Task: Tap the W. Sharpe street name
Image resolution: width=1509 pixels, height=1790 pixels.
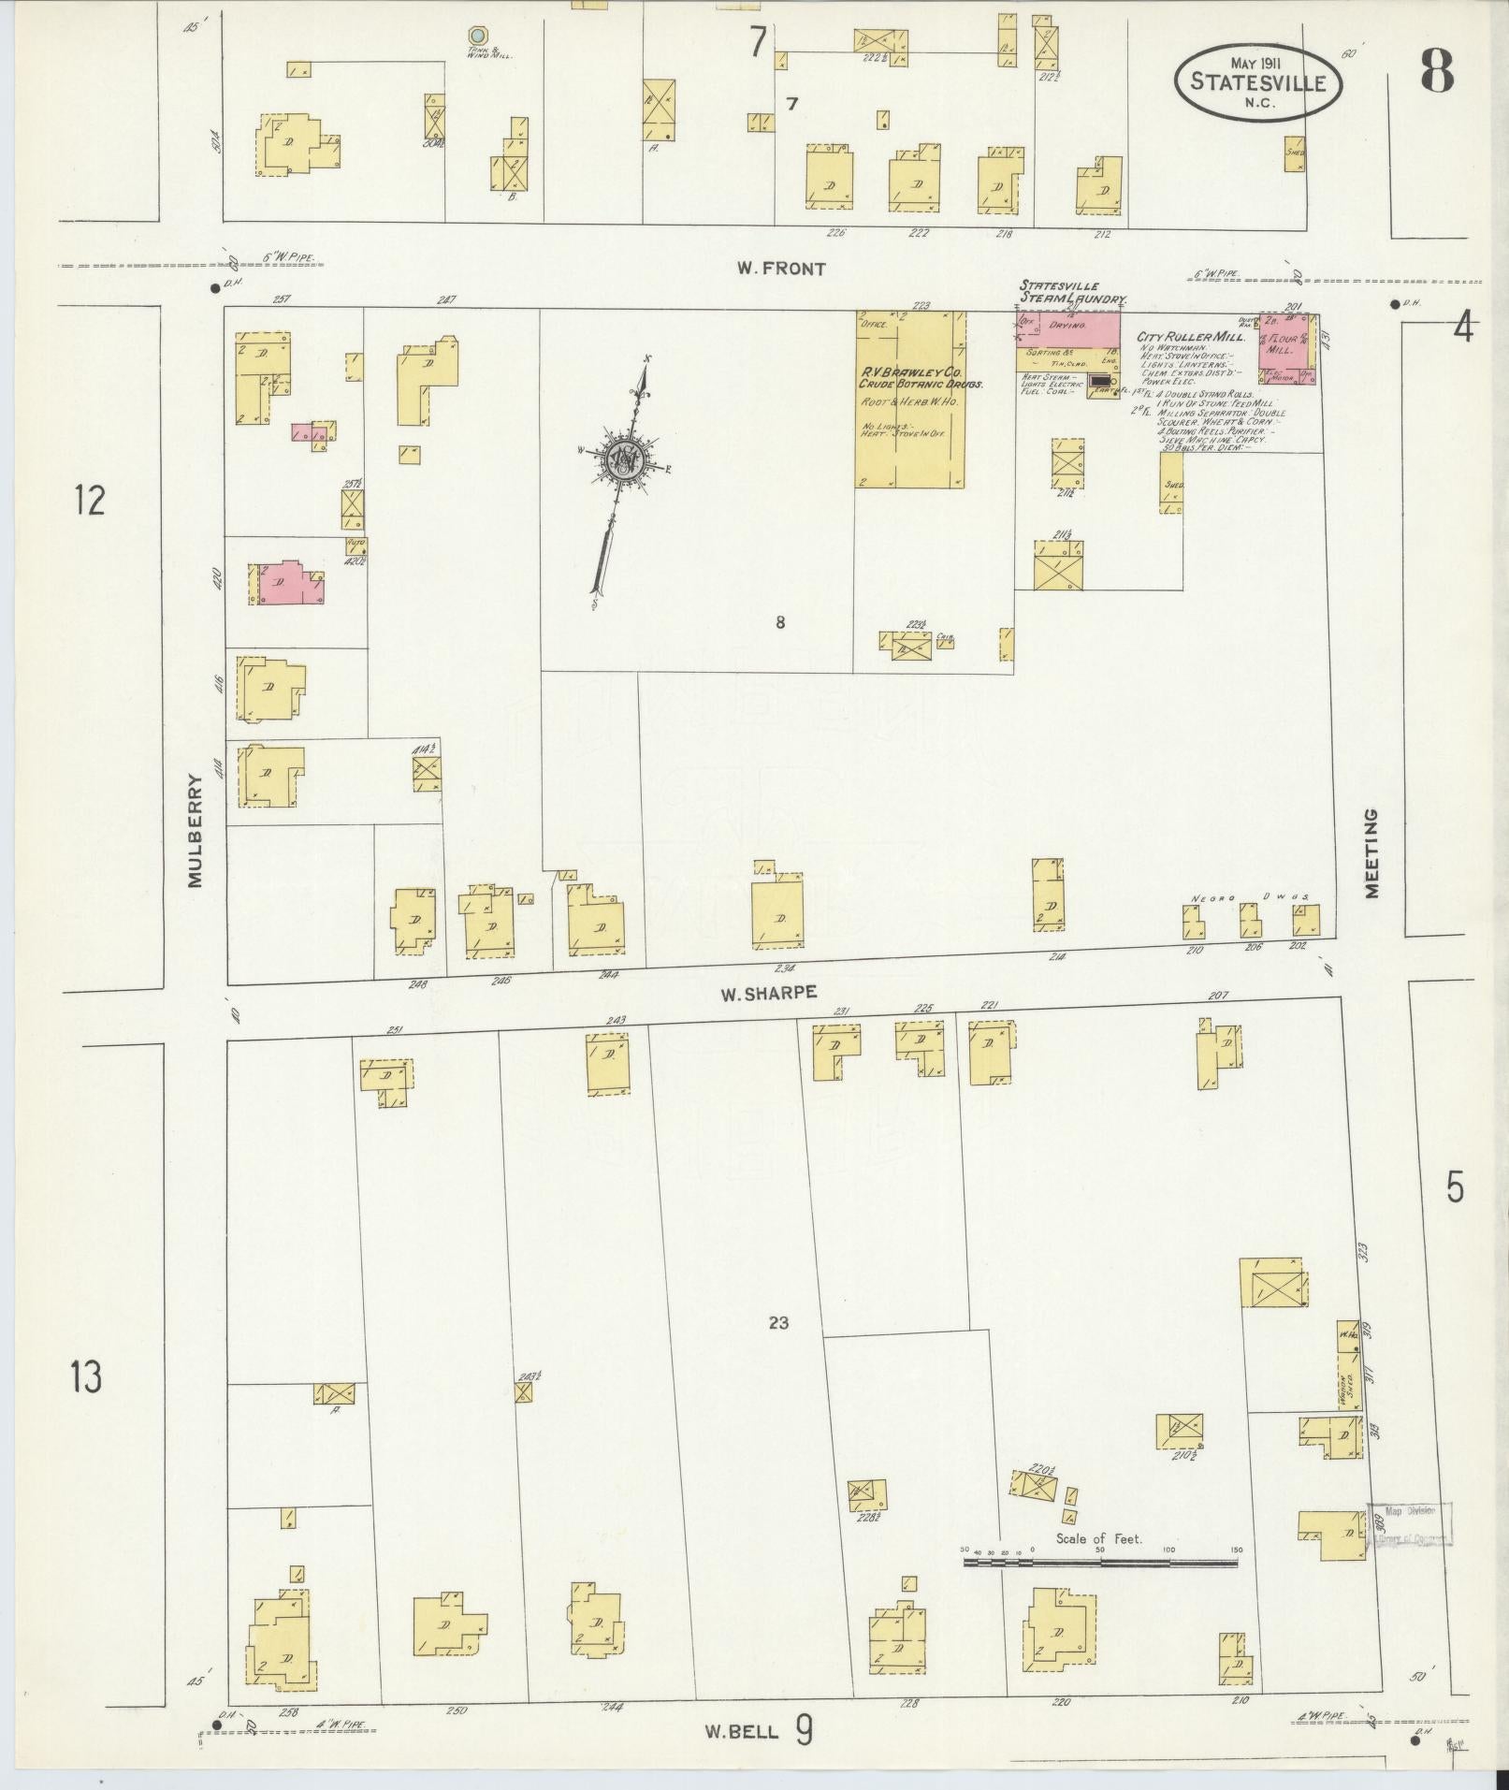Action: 768,994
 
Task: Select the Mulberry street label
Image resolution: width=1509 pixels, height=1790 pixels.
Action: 195,830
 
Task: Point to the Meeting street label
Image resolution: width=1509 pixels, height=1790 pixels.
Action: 1371,853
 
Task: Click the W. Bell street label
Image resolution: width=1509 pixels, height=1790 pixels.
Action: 742,1730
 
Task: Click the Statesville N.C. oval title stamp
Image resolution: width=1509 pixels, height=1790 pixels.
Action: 1257,82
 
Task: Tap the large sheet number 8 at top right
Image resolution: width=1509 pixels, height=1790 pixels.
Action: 1437,71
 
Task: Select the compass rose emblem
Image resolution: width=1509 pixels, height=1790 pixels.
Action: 621,458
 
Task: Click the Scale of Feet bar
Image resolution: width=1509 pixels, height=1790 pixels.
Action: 1100,1562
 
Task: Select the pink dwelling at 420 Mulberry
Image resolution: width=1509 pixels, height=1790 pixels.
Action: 283,582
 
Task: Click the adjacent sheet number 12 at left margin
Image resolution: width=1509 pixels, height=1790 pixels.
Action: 90,501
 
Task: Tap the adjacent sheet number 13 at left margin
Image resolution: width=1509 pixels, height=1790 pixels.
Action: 86,1377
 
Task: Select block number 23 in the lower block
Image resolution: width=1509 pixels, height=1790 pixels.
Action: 778,1322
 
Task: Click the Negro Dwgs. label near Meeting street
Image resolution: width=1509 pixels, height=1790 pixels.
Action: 1250,897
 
